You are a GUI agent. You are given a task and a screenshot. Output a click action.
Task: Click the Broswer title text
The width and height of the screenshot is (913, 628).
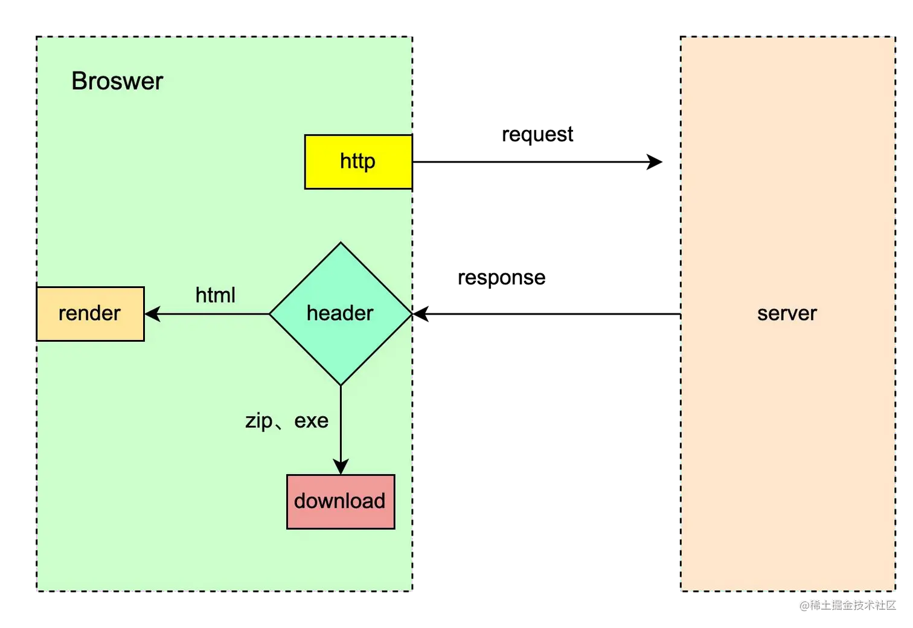click(x=117, y=82)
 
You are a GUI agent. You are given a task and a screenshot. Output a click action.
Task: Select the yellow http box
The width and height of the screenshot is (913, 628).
click(x=358, y=162)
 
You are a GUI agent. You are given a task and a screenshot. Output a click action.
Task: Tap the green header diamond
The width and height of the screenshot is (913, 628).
click(x=341, y=314)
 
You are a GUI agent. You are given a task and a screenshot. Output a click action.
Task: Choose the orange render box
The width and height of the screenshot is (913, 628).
click(x=90, y=314)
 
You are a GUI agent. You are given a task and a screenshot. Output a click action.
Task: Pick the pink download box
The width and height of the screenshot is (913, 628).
click(x=341, y=502)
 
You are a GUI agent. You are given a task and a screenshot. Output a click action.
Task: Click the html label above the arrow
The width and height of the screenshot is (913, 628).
click(x=215, y=295)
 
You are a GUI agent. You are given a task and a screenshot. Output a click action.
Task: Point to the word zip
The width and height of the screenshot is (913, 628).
click(x=258, y=421)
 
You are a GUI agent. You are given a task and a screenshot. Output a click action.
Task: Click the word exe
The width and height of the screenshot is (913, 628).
click(x=311, y=421)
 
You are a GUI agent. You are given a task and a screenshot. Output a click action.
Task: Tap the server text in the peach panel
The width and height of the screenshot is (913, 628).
click(x=787, y=313)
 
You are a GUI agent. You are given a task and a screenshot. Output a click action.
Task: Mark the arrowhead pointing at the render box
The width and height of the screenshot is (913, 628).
click(x=152, y=314)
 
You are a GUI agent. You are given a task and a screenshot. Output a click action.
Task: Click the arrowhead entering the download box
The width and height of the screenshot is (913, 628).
click(x=341, y=467)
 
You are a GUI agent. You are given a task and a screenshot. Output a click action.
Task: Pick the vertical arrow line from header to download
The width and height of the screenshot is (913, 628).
click(x=341, y=423)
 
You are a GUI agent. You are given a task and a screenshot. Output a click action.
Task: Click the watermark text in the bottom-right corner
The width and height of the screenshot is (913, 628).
click(x=847, y=604)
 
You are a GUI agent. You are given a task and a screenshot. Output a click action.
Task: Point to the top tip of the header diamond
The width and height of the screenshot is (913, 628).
click(x=341, y=243)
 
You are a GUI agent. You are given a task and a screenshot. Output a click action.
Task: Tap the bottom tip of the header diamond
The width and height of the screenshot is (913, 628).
click(x=341, y=385)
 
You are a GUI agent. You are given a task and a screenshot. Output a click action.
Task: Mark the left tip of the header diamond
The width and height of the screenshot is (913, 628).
click(x=270, y=314)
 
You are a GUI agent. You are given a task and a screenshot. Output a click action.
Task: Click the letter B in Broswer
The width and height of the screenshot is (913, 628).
click(x=78, y=82)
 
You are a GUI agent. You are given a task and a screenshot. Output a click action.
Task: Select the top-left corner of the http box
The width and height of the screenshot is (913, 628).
click(x=305, y=135)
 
